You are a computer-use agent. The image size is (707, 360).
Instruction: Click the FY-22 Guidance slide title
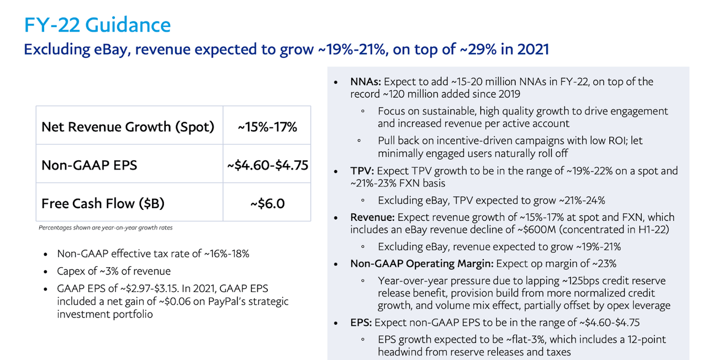coord(97,25)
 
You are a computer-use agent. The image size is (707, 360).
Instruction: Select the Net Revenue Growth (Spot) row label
coord(128,126)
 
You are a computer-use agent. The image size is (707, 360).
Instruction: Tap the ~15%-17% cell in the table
coord(267,126)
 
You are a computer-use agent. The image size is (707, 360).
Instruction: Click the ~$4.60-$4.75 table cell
coord(267,165)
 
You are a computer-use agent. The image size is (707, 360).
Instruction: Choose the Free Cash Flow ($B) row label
coord(103,203)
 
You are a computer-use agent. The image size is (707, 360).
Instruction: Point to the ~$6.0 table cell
coord(267,203)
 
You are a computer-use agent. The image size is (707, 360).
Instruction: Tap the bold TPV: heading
coord(361,171)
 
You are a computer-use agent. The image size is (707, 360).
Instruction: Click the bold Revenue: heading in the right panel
coord(372,217)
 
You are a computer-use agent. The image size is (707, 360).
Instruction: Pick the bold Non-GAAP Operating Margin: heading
coord(422,263)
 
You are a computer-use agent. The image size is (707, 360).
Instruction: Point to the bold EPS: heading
coord(361,322)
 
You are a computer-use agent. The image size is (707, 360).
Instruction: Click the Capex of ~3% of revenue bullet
coord(114,271)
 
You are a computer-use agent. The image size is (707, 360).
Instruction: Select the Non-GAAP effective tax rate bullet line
coord(153,254)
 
